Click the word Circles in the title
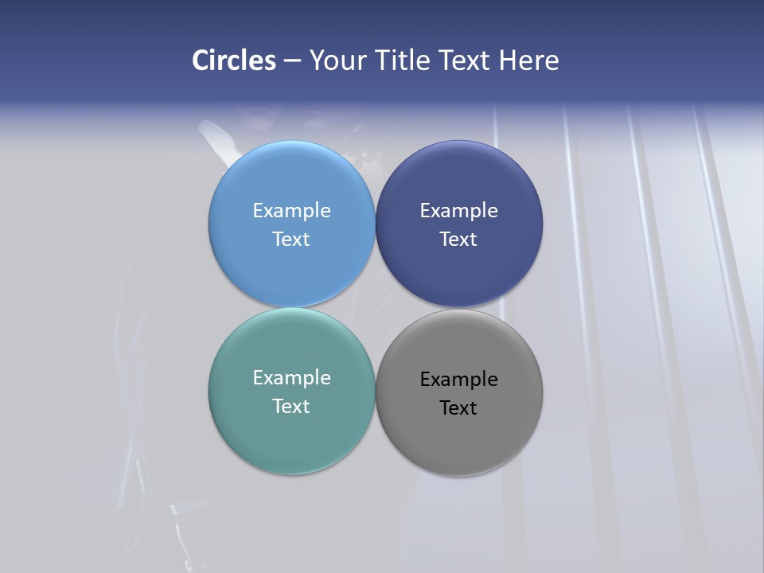(x=234, y=60)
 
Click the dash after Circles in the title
(x=292, y=61)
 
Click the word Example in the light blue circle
(x=291, y=210)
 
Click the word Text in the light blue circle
(x=291, y=239)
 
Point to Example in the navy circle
(x=458, y=210)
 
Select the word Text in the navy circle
(x=458, y=239)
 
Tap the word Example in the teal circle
(x=291, y=377)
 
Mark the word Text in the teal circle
(x=291, y=406)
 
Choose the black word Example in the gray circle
(x=458, y=380)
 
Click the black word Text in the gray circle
(x=458, y=407)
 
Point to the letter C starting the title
(x=201, y=60)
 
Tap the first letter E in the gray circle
(x=426, y=380)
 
